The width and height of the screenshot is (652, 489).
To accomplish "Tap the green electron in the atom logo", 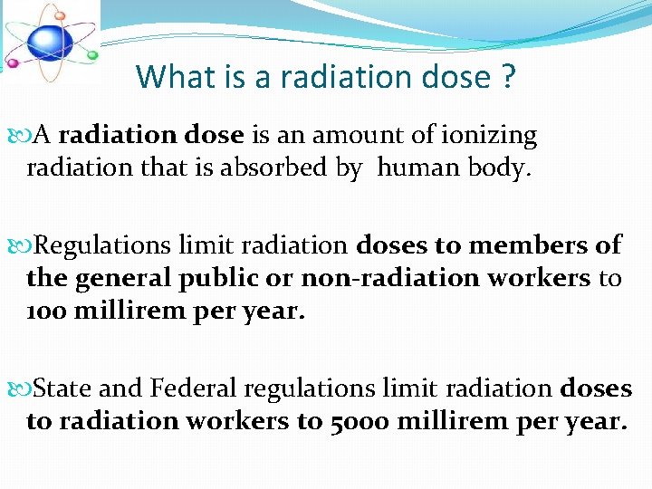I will click(91, 55).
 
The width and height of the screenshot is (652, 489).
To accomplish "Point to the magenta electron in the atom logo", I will click(12, 63).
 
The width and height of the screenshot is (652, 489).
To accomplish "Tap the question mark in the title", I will click(508, 77).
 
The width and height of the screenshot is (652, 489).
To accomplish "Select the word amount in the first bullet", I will click(349, 136).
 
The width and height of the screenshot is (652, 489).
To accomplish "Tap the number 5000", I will click(349, 421).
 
